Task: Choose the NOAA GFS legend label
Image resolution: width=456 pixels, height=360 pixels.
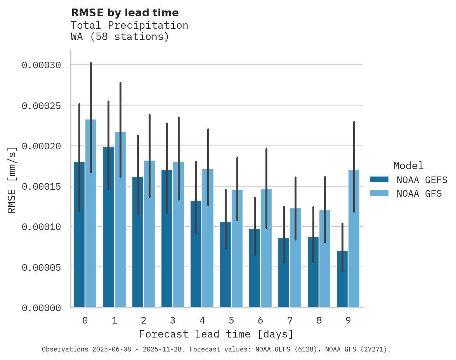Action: click(x=419, y=193)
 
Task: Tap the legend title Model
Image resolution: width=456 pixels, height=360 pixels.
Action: click(x=408, y=166)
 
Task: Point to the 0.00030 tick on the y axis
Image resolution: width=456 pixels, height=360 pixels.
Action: click(x=41, y=65)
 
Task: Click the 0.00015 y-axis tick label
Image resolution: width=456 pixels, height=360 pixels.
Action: click(x=41, y=187)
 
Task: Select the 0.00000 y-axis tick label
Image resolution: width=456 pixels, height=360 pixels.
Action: click(x=41, y=308)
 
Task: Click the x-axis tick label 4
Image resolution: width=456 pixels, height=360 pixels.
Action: click(x=202, y=320)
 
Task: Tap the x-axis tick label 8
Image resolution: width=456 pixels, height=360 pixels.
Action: click(x=319, y=320)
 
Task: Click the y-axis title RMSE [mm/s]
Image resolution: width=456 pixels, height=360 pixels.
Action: click(x=12, y=180)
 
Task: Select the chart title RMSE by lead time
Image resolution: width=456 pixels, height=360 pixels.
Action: click(x=125, y=13)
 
